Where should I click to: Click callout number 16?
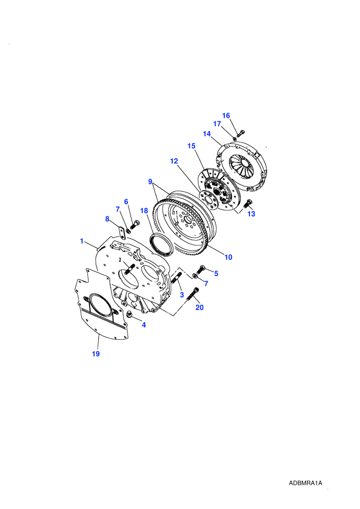pos(226,116)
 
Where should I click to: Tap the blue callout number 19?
pos(96,354)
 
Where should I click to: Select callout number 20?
pos(200,307)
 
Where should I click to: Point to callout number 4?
pos(144,324)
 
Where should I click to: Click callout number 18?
pos(144,211)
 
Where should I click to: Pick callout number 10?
pos(228,257)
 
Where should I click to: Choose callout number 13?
pos(251,214)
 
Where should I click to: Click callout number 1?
pos(82,241)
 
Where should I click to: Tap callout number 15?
pos(191,146)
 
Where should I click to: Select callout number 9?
pos(150,181)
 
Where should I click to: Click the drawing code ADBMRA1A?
pos(305,483)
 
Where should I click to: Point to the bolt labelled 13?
pos(247,204)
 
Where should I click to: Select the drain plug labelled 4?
pos(129,314)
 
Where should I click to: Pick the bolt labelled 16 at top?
pos(241,133)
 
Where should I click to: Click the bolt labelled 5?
pos(201,269)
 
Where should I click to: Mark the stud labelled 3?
pos(177,278)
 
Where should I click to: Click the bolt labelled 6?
pos(135,224)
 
